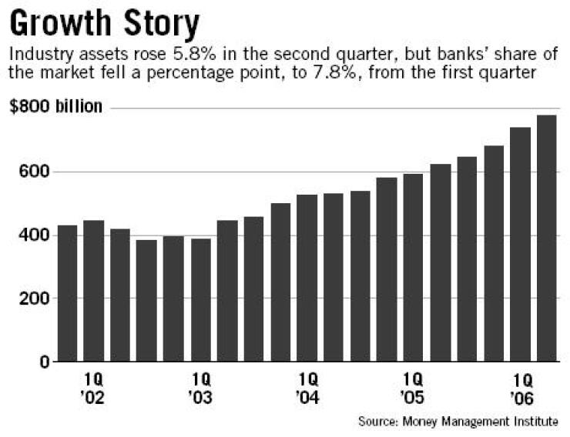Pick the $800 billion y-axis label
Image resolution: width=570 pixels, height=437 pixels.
[x=55, y=106]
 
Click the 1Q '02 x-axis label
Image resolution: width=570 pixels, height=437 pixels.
[x=94, y=390]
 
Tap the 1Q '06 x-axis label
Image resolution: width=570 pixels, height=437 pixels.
[x=521, y=390]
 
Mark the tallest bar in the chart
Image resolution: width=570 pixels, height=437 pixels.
[x=547, y=239]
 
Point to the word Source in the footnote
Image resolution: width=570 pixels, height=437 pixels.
[x=375, y=422]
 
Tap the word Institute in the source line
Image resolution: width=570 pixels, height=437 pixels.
[x=538, y=422]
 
